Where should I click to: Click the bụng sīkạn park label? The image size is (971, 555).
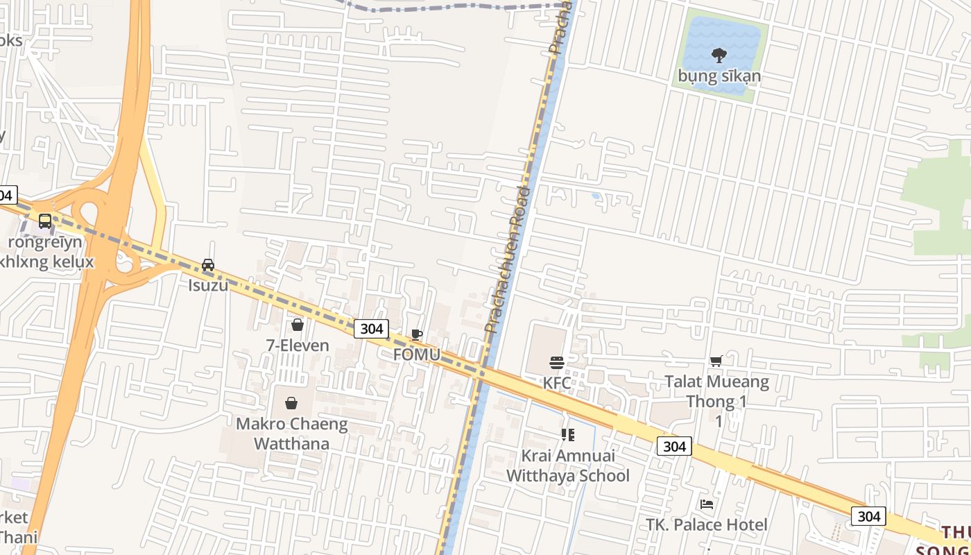(719, 76)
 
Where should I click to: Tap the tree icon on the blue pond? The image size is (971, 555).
(719, 54)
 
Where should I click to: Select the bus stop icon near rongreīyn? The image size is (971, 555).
(45, 221)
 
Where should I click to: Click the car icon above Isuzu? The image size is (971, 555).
(208, 264)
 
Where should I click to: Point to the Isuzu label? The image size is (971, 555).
(208, 284)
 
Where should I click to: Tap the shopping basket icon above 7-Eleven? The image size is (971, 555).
(298, 324)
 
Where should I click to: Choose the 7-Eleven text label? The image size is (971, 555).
(298, 344)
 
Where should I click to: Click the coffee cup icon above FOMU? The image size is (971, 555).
(416, 334)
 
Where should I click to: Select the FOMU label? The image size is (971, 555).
(416, 354)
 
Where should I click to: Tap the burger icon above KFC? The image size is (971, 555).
(557, 362)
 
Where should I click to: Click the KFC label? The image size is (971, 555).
(557, 383)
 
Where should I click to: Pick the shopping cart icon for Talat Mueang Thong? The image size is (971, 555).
(716, 361)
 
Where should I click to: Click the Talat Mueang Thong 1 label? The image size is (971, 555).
(717, 391)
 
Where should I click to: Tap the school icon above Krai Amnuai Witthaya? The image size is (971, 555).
(568, 435)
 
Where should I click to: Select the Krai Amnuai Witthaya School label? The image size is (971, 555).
(568, 466)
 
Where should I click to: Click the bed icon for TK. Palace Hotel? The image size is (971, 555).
(707, 504)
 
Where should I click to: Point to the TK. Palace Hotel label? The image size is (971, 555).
(707, 524)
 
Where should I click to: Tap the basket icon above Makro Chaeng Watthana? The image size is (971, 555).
(291, 403)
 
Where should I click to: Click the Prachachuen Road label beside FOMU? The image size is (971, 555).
(507, 260)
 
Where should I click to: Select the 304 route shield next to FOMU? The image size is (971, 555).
(371, 328)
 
